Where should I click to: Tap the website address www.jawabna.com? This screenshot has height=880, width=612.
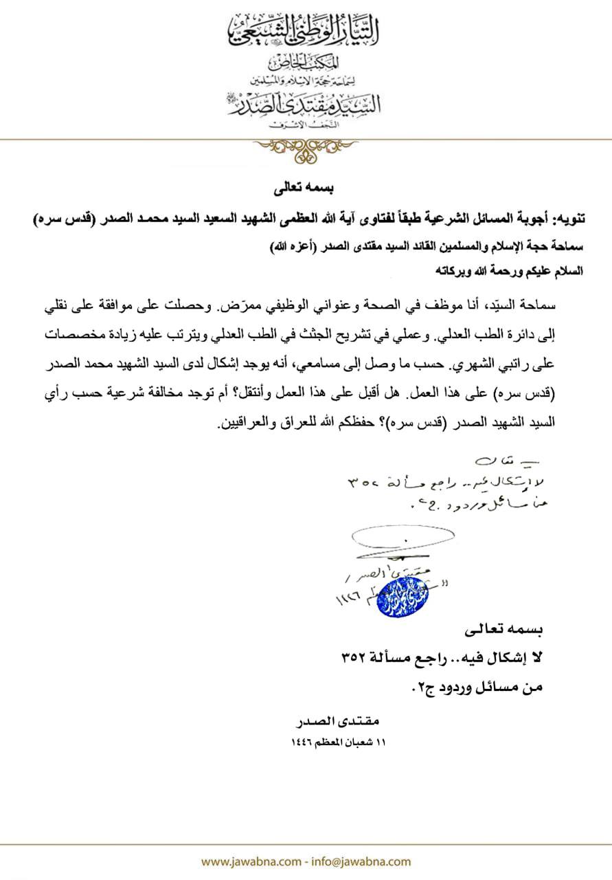pyautogui.click(x=249, y=861)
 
